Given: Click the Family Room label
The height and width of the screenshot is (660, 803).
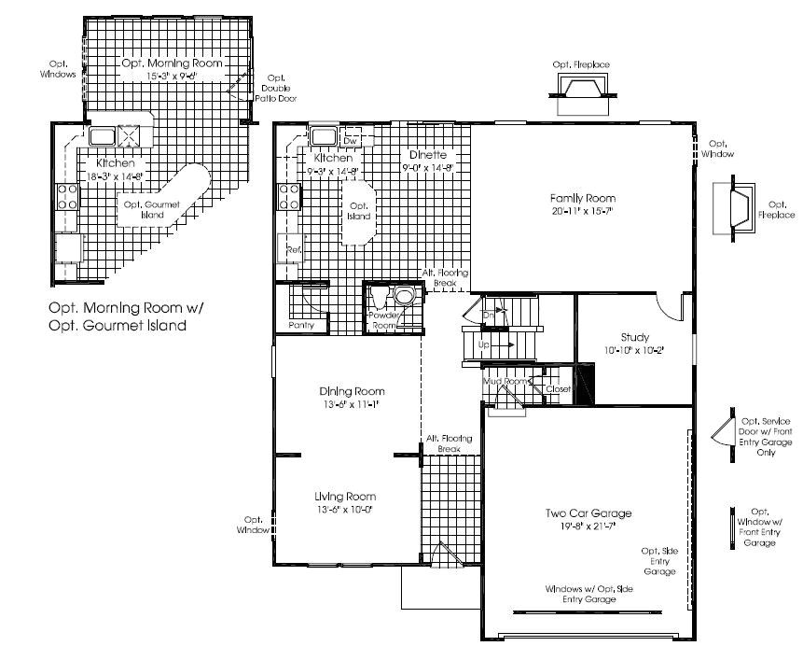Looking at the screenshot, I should (583, 198).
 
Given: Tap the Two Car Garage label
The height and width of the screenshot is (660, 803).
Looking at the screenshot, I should (588, 513).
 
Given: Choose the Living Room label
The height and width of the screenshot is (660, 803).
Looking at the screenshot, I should (347, 497).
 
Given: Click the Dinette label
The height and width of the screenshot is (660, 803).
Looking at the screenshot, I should (427, 154).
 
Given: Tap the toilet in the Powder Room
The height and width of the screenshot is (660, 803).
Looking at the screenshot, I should (404, 298).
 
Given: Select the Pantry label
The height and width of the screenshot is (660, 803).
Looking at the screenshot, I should (300, 325).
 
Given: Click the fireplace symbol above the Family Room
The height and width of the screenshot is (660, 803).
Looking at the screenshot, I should (580, 89).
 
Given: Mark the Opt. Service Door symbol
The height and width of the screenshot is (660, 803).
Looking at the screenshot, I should (720, 429).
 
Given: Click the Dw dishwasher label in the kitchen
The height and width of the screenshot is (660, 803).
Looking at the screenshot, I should (352, 140).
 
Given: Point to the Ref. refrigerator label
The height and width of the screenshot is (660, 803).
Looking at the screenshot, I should (293, 250).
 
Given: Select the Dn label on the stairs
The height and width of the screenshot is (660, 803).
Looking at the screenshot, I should (489, 316).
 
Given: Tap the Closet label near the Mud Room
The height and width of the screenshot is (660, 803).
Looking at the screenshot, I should (558, 388).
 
